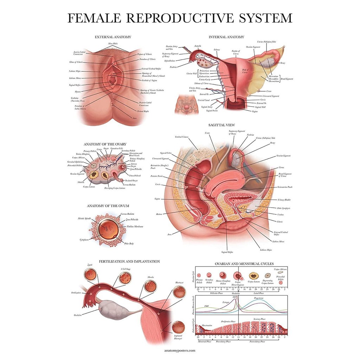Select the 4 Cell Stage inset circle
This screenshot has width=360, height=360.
[x=126, y=277]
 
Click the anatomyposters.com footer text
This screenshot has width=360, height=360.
[x=180, y=351]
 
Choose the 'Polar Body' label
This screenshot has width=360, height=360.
[x=129, y=243]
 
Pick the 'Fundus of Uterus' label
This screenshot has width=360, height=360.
[x=236, y=52]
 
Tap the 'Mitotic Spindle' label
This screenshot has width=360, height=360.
[x=84, y=218]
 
